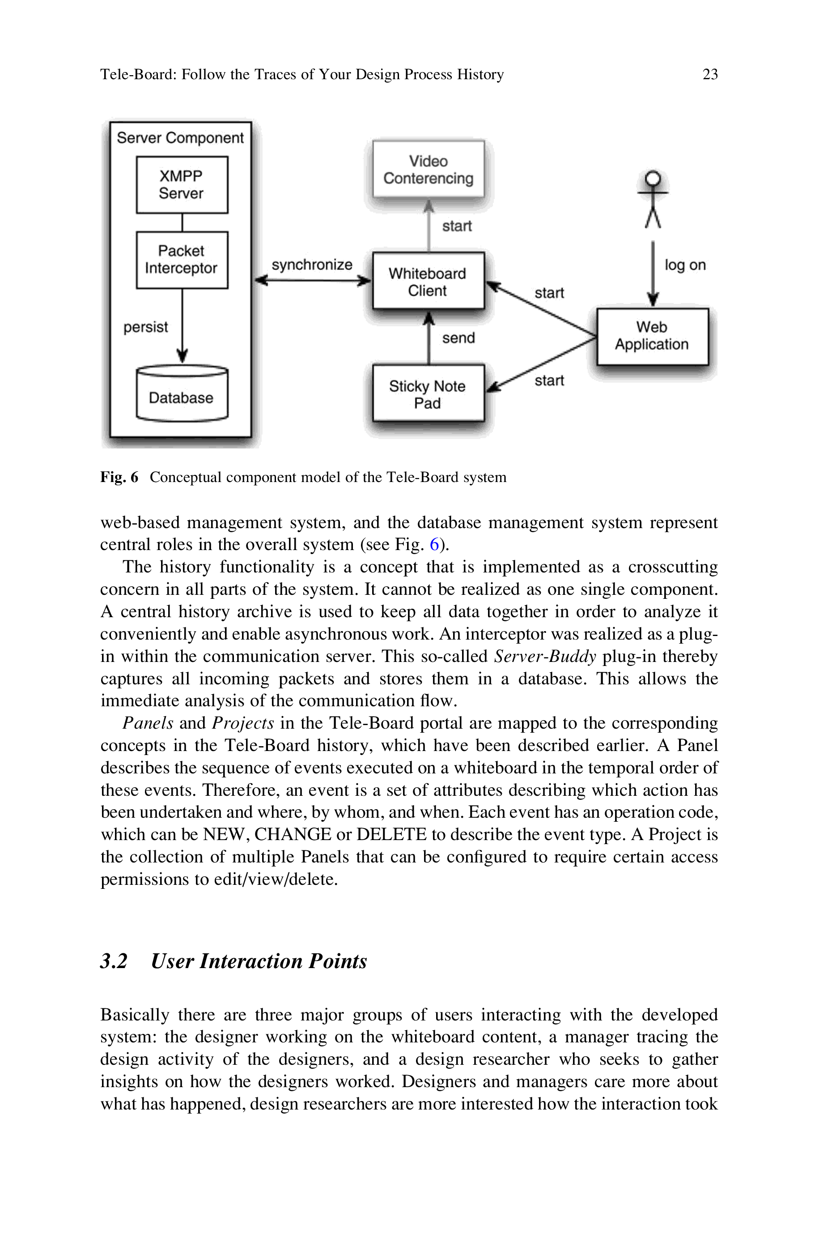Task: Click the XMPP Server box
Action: point(182,185)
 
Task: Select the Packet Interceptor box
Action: point(182,260)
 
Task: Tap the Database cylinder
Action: point(182,395)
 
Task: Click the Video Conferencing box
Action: point(429,169)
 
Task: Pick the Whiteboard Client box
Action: point(429,282)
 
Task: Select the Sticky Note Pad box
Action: point(429,394)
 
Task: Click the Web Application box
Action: point(652,336)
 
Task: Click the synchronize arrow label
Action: point(312,265)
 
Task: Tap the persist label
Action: point(146,327)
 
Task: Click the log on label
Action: point(685,265)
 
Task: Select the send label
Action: point(458,338)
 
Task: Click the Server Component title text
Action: point(180,138)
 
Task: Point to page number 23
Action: point(710,74)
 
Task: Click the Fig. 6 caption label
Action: point(119,477)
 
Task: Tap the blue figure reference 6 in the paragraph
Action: point(434,544)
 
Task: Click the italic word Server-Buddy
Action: point(545,656)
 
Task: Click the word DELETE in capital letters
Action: point(391,834)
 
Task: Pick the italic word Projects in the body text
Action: point(243,723)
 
